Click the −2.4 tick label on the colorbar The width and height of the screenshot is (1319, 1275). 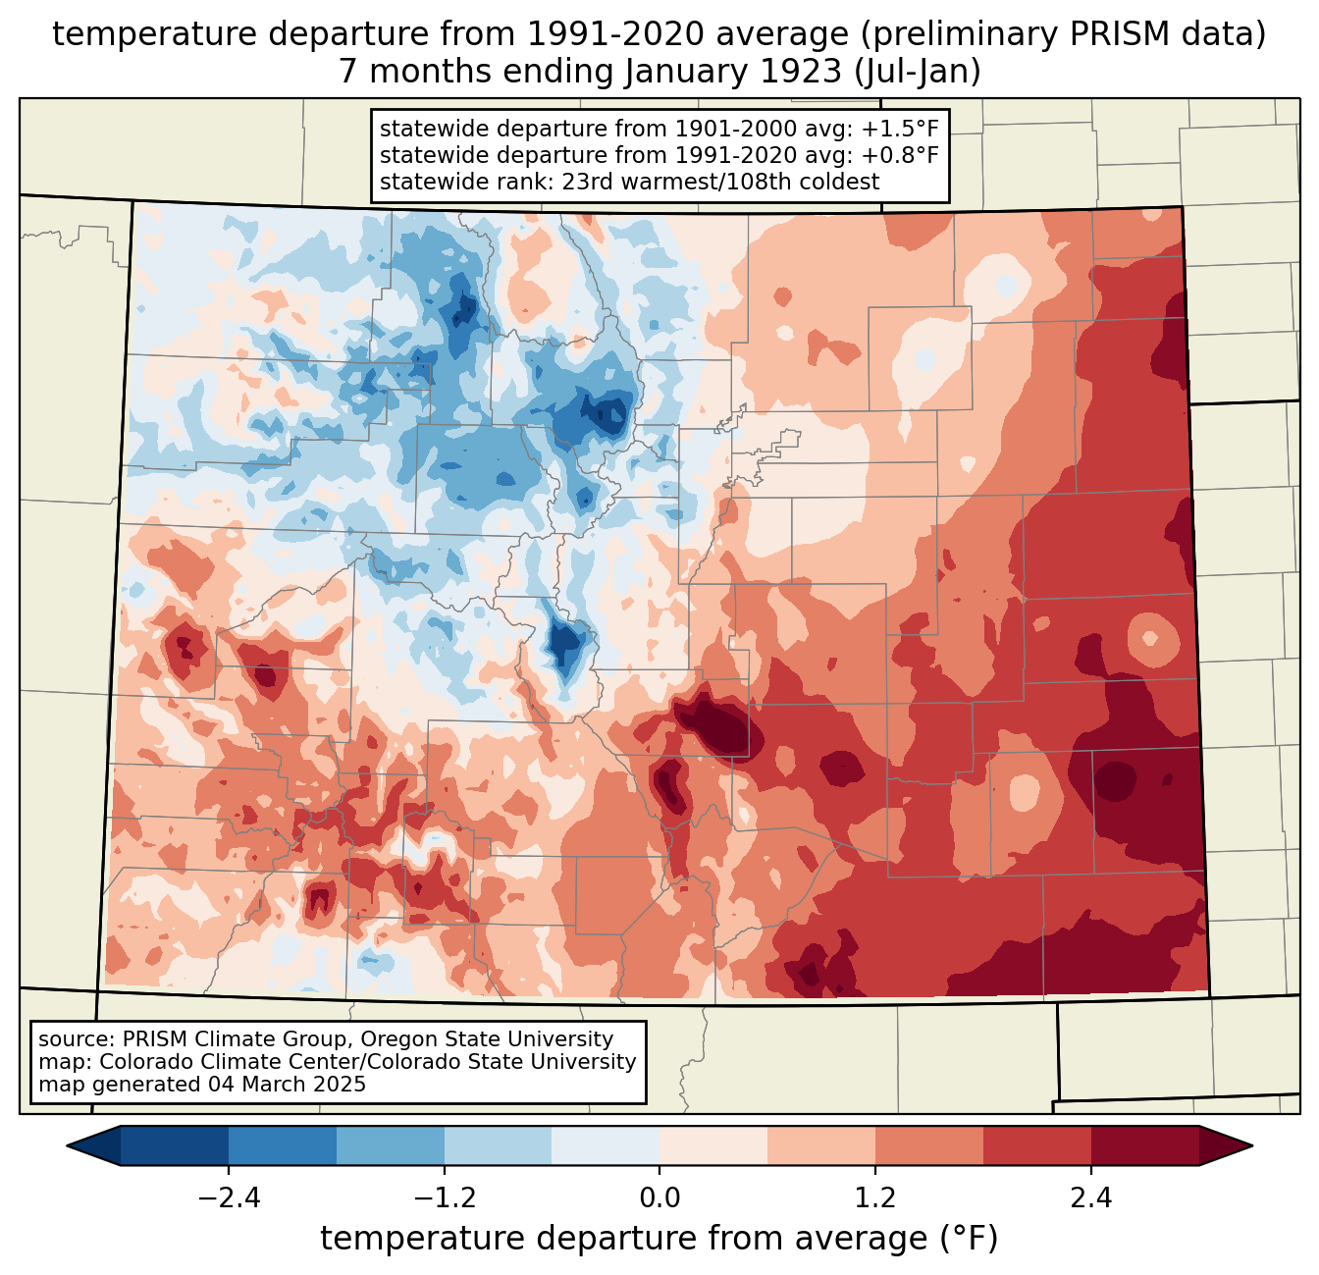point(229,1198)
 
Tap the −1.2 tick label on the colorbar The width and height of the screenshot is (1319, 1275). point(444,1198)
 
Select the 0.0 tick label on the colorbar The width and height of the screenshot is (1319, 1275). point(659,1198)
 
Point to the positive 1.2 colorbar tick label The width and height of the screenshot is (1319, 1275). point(875,1198)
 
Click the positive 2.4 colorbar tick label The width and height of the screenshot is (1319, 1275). point(1090,1198)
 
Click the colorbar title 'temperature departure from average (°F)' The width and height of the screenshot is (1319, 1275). point(659,1239)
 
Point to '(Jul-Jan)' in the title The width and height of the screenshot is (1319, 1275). point(918,72)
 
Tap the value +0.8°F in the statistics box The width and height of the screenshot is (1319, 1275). point(900,155)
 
